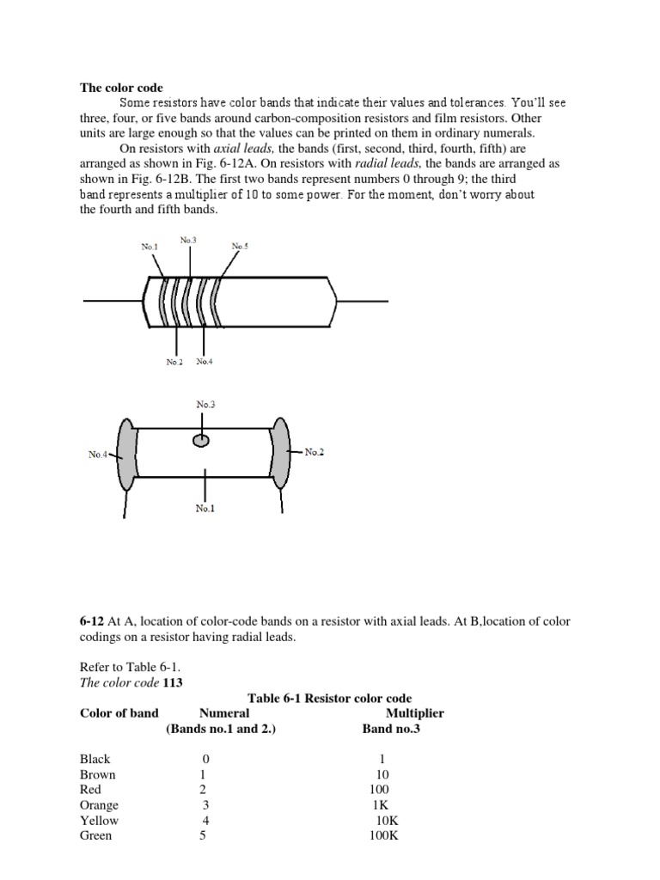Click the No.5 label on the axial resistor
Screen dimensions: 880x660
[x=240, y=247]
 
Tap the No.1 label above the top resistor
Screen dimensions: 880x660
[x=150, y=247]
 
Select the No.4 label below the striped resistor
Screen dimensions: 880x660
[x=204, y=362]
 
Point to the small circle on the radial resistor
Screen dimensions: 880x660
[x=201, y=441]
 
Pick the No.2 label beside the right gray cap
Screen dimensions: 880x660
[x=315, y=452]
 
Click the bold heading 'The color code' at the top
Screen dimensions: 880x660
[x=121, y=88]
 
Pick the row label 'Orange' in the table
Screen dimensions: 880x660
[x=99, y=805]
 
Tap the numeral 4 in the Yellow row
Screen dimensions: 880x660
[x=204, y=821]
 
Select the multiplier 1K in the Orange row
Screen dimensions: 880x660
[x=380, y=805]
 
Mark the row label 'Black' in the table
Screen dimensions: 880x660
[x=95, y=760]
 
